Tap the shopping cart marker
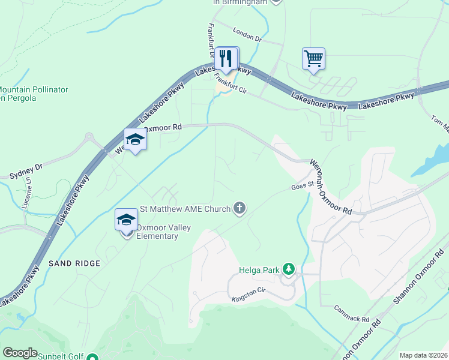tap(313, 59)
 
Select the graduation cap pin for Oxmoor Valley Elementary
tap(127, 220)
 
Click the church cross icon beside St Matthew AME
tap(240, 209)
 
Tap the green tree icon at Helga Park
tap(289, 269)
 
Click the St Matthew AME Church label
tap(185, 209)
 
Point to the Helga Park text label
tap(259, 270)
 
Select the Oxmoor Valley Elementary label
tap(157, 232)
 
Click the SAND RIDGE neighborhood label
tap(74, 263)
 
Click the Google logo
tap(20, 353)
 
